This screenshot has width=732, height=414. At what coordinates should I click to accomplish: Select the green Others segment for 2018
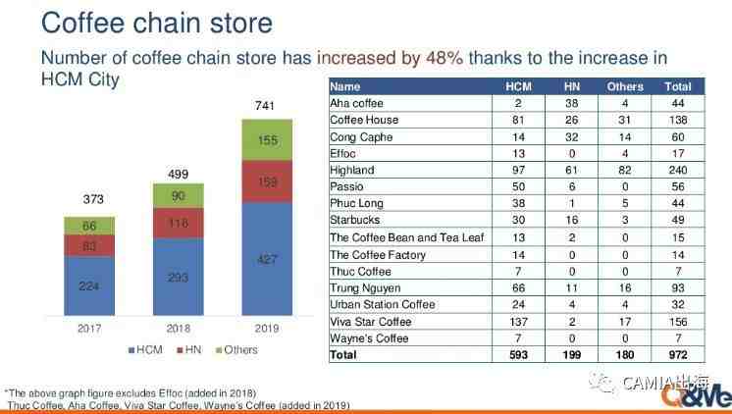179,195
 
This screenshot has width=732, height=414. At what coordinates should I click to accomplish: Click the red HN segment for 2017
89,245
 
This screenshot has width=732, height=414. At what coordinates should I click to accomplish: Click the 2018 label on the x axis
179,328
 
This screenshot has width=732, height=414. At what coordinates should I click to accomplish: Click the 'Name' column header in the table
345,86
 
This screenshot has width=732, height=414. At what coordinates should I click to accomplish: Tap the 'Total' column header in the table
678,86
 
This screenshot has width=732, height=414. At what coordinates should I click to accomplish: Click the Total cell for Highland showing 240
678,169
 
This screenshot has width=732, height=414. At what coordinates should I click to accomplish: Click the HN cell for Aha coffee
573,102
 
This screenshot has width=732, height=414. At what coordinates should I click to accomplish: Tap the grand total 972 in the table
678,354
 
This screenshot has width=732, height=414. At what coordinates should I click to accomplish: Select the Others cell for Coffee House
626,119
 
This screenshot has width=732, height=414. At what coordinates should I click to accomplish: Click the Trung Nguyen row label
363,287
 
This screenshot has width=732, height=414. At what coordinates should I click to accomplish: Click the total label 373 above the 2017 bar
89,199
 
